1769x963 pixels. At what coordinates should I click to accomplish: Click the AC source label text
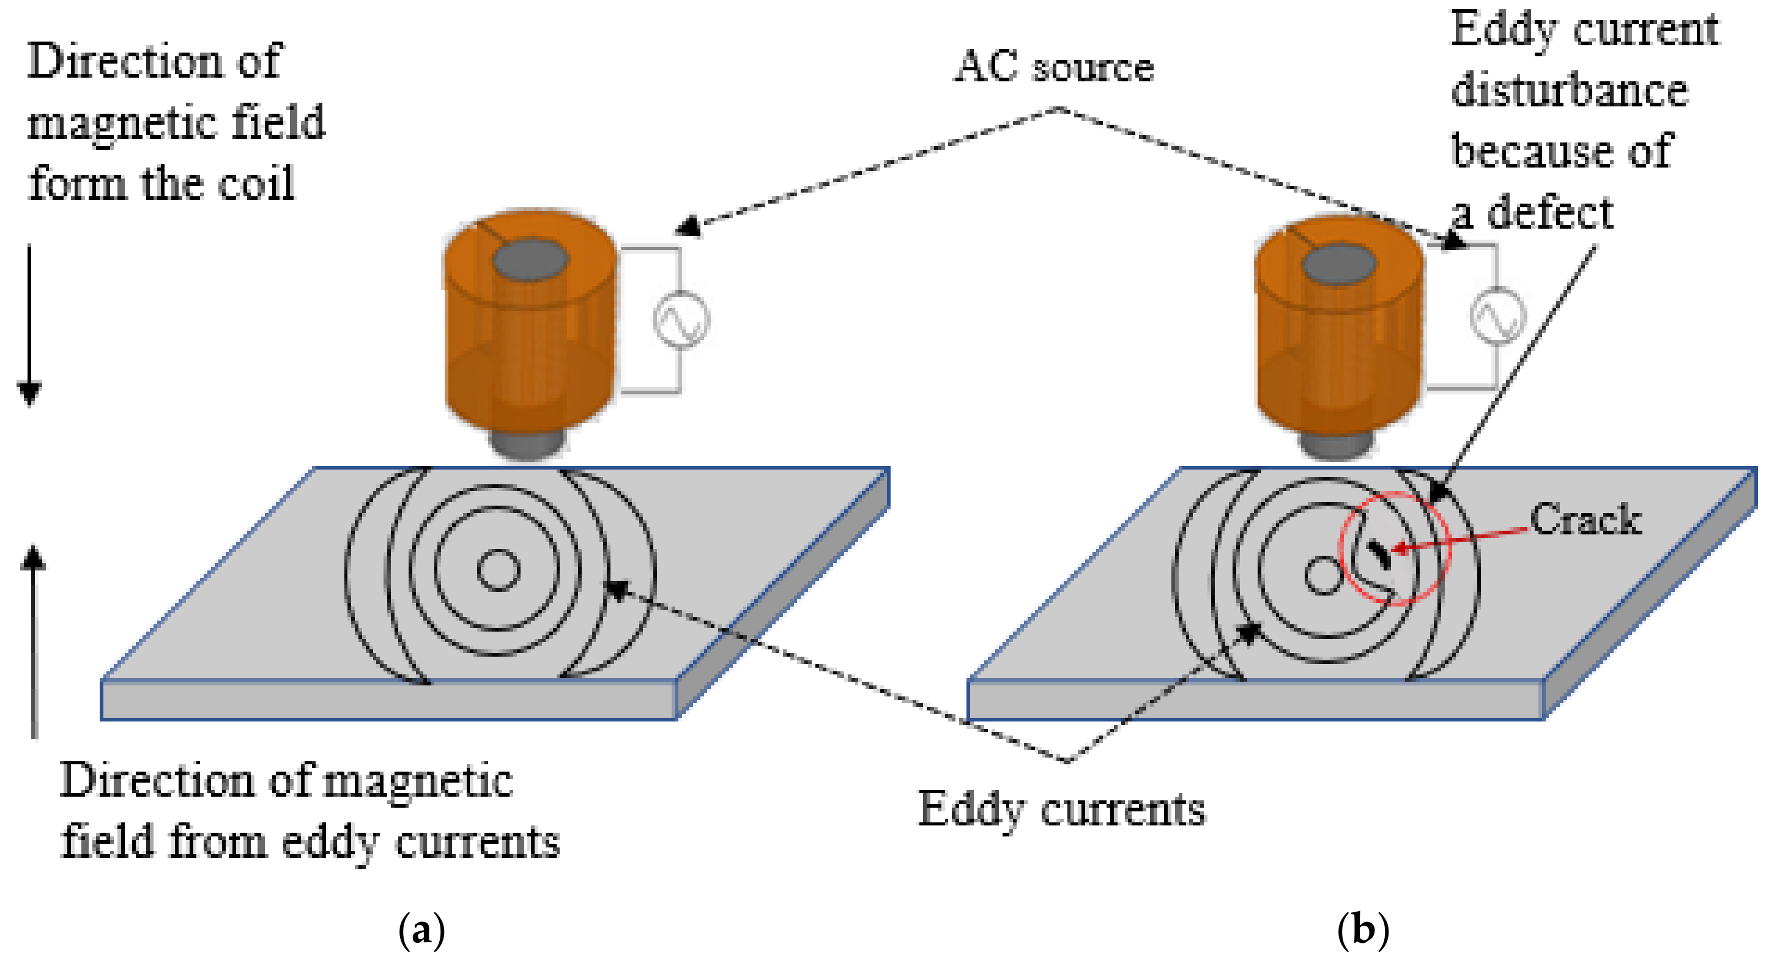click(1054, 67)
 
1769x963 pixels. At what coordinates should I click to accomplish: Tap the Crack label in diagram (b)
click(1585, 520)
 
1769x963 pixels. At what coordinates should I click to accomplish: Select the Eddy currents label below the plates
click(1062, 810)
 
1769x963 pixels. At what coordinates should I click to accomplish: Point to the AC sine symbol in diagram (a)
click(681, 320)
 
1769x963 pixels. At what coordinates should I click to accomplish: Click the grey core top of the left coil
click(530, 260)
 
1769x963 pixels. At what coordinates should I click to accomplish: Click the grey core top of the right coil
click(1338, 264)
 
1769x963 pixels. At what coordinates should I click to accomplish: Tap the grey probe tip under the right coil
click(1337, 446)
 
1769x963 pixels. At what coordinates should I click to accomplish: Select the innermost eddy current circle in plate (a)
click(498, 570)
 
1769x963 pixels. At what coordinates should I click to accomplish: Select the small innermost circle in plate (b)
click(1322, 575)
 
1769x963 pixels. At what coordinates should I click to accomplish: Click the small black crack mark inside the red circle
click(1379, 555)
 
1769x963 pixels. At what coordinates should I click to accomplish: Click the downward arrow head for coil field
click(29, 394)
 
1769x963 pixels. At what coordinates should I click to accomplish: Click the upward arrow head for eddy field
click(33, 558)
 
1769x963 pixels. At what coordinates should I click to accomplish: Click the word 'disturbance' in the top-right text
click(1569, 90)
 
